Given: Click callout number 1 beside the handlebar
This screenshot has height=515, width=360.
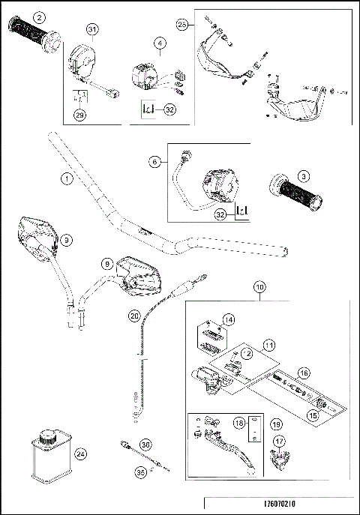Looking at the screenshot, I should [x=67, y=179].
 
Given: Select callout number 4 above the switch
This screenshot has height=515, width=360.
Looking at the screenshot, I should [x=160, y=43].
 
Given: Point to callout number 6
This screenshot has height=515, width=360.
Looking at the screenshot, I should [x=154, y=160].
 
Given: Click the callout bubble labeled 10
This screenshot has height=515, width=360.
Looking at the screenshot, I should [x=259, y=287].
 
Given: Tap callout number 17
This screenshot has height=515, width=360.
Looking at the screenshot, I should [x=279, y=442].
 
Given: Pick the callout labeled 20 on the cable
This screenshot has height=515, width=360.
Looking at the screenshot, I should [x=134, y=316].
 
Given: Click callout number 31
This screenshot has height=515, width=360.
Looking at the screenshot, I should [x=92, y=29].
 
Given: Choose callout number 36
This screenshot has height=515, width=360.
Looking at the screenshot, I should [x=145, y=445].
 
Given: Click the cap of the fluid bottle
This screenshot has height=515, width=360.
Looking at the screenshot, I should [x=49, y=434].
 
